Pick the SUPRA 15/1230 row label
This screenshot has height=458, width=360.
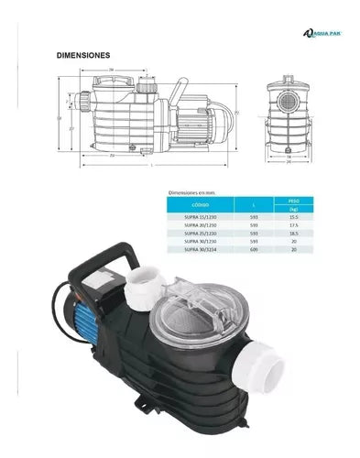[191, 217]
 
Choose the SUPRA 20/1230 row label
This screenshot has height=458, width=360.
[191, 225]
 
